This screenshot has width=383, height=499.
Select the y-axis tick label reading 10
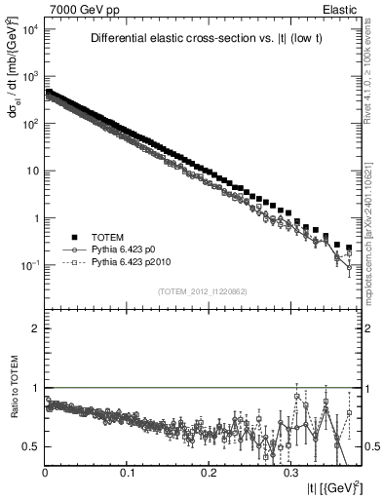coord(32,171)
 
